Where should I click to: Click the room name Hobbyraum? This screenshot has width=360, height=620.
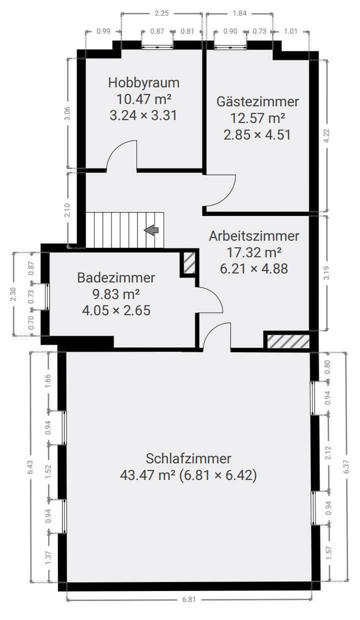click(143, 82)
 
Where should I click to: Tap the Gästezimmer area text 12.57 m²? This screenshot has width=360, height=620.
click(257, 118)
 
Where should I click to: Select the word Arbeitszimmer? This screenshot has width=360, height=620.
click(254, 235)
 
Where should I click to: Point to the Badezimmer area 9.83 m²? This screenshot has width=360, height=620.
click(115, 294)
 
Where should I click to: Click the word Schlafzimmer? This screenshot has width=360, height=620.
click(188, 458)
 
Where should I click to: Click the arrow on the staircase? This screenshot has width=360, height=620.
click(151, 230)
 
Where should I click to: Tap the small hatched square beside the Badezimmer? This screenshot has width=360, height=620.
click(188, 263)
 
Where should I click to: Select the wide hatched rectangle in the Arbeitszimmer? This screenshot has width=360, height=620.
click(287, 341)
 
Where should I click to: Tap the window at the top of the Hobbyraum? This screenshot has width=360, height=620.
click(157, 47)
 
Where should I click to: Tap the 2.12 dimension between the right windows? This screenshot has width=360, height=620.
click(328, 452)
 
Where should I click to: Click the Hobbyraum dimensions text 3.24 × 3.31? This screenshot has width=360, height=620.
click(143, 115)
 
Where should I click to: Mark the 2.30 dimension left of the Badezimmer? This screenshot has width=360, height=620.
click(13, 294)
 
